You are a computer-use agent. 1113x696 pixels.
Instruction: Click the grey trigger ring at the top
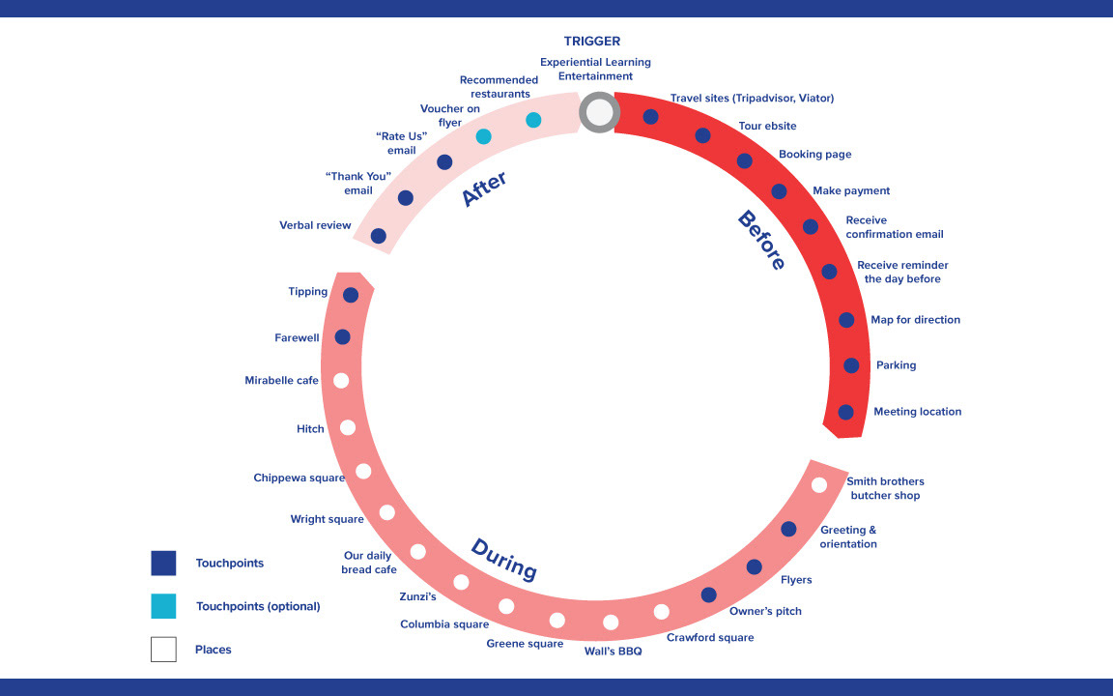point(599,113)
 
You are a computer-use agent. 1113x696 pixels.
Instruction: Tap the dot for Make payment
point(779,191)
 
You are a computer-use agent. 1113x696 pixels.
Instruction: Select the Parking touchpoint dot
point(851,365)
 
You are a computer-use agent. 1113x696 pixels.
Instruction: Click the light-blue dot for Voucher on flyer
point(484,136)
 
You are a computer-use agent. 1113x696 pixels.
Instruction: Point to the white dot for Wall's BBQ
point(611,623)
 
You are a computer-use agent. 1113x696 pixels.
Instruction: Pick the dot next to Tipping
point(351,295)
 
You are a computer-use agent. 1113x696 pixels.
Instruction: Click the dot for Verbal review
point(379,236)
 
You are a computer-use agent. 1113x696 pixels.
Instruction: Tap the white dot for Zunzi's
point(461,582)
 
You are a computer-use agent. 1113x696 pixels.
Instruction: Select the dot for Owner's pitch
point(708,594)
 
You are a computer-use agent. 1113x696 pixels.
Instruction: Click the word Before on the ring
point(761,241)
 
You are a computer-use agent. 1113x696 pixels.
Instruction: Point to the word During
point(503,560)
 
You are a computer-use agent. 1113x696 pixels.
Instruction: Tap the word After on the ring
point(485,189)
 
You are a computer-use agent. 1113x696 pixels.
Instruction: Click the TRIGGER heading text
point(592,42)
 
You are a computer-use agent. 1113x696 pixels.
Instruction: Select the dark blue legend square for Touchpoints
point(163,564)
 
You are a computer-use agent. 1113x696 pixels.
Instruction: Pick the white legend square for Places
point(163,650)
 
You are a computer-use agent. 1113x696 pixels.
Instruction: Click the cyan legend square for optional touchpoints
point(163,606)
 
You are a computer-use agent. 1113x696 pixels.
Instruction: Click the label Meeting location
point(917,412)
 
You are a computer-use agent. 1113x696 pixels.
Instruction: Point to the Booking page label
point(814,155)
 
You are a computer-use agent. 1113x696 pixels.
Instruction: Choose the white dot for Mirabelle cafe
point(341,381)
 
